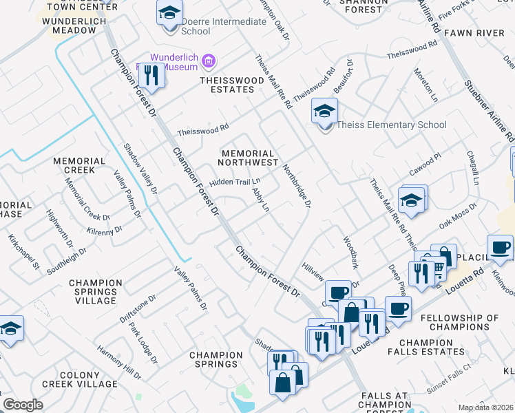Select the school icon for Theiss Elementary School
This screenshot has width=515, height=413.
click(x=324, y=110)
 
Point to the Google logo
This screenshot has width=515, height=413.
click(x=23, y=405)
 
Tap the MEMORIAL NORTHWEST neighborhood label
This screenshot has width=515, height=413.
click(x=247, y=158)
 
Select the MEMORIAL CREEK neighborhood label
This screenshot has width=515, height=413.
click(x=79, y=165)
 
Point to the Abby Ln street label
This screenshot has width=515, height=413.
click(x=260, y=200)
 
